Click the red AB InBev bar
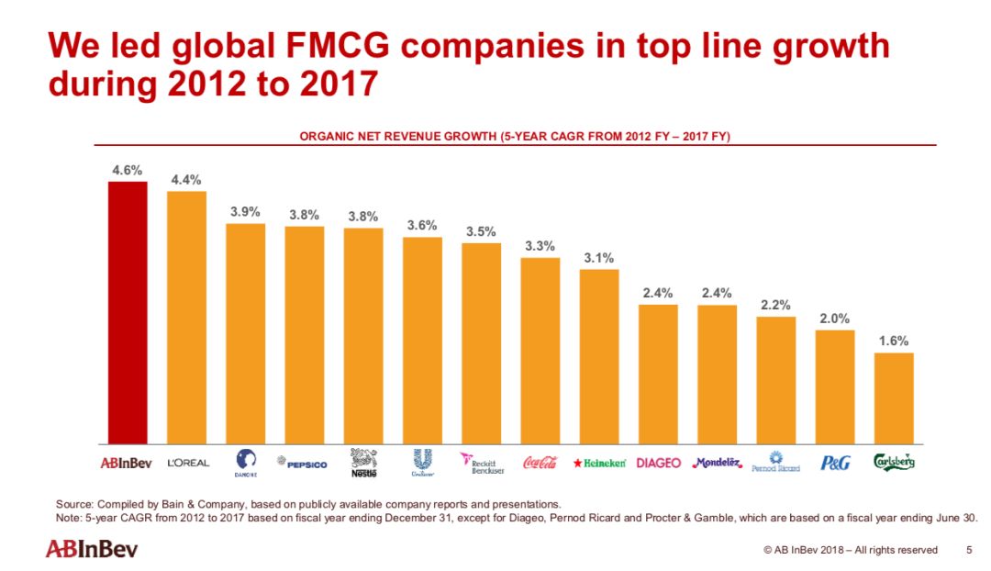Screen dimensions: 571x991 128,312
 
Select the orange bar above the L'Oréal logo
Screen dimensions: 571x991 186,317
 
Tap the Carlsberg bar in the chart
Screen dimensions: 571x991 894,397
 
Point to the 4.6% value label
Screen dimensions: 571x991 127,171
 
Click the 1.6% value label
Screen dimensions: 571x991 894,341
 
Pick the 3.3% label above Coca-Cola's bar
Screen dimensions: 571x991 540,246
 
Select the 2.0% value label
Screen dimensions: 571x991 834,319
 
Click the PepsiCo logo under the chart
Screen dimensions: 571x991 305,464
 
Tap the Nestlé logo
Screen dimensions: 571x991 363,462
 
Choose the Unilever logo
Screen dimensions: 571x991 422,462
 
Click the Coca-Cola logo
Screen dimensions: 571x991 540,463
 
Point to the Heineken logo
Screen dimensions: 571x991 599,463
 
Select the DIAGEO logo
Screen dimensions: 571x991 658,463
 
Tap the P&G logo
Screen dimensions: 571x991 834,463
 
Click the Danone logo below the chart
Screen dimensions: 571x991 246,462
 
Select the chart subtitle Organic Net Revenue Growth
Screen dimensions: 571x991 515,136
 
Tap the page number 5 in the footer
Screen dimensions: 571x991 969,550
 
